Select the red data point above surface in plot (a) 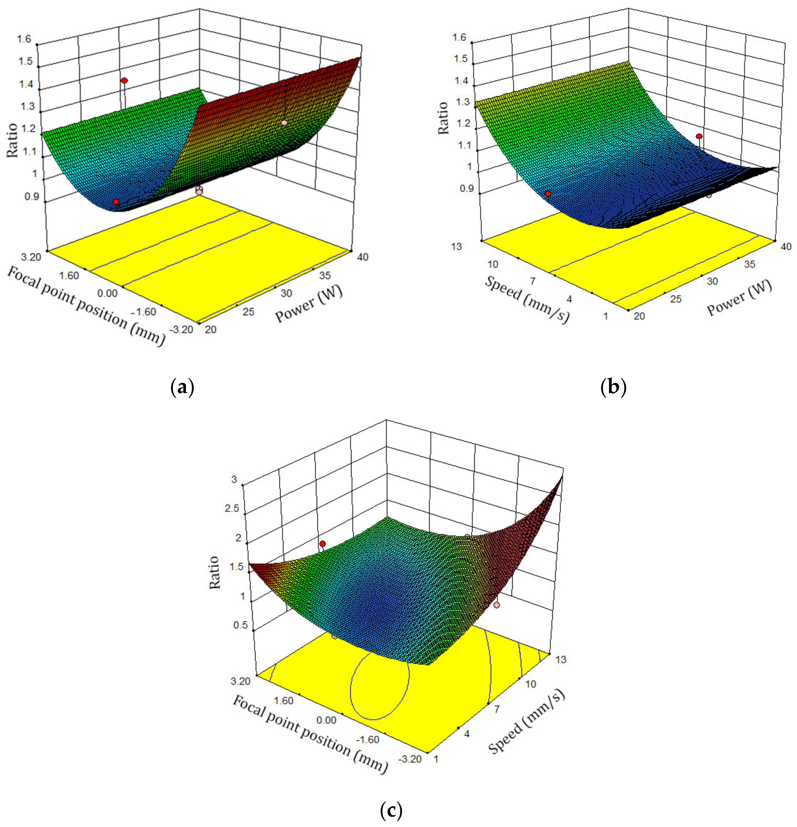[x=124, y=80]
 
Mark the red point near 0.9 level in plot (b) [x=548, y=194]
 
